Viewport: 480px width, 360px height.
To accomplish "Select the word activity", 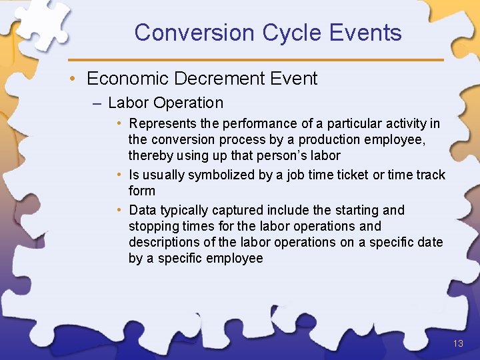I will click(405, 123).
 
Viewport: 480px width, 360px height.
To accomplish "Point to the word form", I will click(142, 191).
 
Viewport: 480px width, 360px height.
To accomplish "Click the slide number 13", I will click(457, 344).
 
